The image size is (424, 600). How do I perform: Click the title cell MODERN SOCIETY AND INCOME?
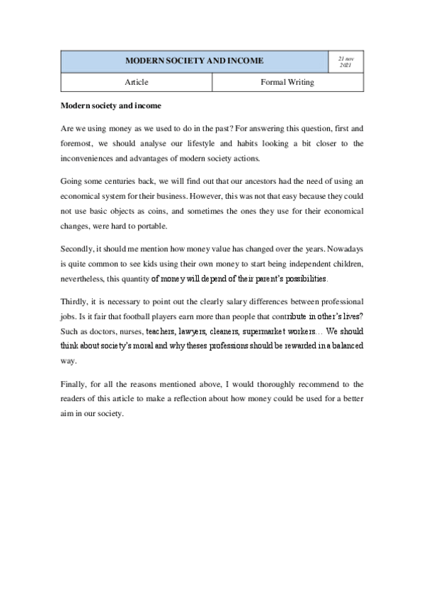click(x=193, y=62)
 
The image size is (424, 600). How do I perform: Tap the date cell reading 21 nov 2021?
click(x=346, y=62)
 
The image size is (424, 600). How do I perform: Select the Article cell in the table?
click(x=136, y=83)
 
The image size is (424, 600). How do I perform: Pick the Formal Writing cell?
click(x=287, y=83)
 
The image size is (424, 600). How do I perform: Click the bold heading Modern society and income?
click(x=110, y=106)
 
